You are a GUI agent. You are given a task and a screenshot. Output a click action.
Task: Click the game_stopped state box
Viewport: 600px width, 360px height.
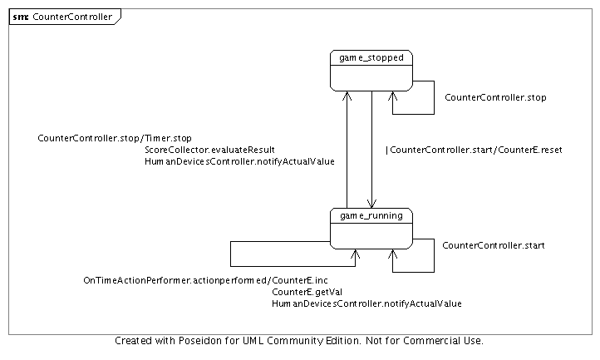[x=371, y=70]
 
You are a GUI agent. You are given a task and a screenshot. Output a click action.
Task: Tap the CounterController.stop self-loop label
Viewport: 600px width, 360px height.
[x=495, y=98]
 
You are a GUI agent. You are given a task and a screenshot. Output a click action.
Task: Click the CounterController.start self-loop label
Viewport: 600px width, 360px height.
[x=493, y=245]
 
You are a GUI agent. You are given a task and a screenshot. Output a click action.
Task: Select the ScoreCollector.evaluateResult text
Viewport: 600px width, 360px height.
[x=209, y=150]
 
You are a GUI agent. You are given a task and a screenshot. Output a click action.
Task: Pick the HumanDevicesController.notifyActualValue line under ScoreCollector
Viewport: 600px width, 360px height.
[x=239, y=161]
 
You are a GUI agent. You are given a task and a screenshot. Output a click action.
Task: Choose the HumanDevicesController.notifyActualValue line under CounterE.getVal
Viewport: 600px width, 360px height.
[x=366, y=304]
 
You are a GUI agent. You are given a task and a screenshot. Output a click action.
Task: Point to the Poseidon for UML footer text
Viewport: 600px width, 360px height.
[x=299, y=341]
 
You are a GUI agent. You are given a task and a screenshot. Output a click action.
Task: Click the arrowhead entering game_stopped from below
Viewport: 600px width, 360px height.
[x=347, y=94]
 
